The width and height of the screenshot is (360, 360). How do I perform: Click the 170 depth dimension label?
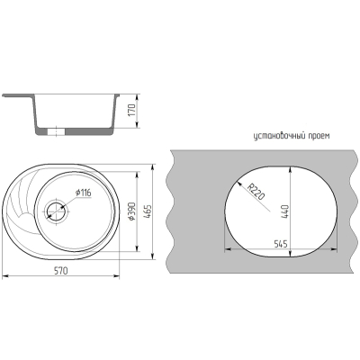133,110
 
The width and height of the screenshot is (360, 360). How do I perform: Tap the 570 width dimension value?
61,271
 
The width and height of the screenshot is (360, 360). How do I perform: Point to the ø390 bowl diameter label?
132,211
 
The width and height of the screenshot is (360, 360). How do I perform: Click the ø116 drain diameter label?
83,193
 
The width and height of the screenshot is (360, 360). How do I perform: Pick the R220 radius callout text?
256,192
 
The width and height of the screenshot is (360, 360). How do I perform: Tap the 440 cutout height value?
284,211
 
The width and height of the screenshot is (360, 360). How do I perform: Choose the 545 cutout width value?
281,244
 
